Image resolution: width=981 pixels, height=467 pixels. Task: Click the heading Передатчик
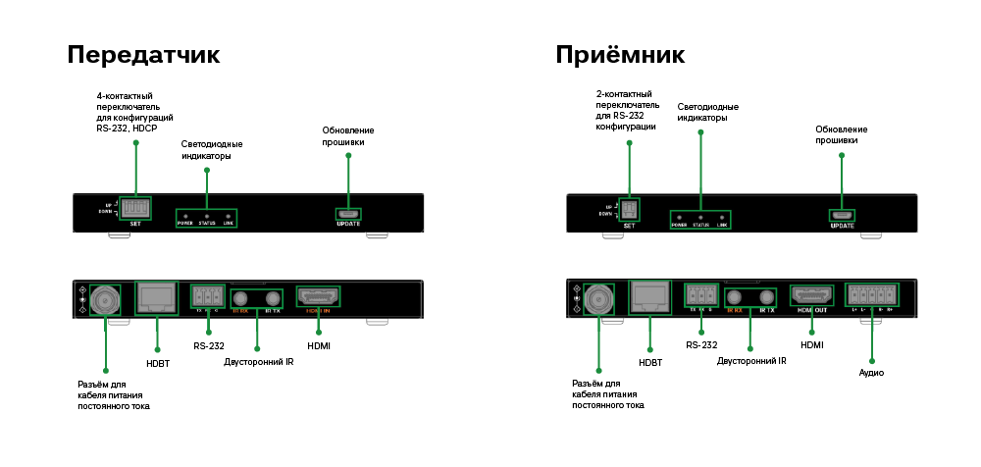coord(143,54)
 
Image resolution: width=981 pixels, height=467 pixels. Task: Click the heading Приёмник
coord(620,54)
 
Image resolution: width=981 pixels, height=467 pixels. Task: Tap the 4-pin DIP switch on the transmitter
coord(136,209)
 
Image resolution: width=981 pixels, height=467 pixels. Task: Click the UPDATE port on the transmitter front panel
coord(348,214)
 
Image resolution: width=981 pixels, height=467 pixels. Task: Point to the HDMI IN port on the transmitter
coord(318,296)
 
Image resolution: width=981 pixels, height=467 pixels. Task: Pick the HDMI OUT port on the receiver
coord(811,295)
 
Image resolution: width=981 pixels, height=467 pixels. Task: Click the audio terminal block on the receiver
coord(872,295)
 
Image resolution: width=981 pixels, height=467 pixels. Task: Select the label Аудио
coord(871,373)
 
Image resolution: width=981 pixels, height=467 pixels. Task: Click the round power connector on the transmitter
coord(105,298)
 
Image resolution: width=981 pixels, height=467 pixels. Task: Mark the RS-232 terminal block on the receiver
coord(699,295)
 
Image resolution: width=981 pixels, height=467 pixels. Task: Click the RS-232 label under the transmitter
coord(208,345)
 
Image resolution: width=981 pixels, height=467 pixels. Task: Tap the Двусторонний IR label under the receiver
coord(751,362)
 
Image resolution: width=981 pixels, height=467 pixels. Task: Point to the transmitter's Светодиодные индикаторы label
coord(212,150)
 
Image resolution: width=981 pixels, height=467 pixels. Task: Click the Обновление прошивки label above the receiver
coord(841,134)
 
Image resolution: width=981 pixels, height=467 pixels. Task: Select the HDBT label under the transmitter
coord(157,362)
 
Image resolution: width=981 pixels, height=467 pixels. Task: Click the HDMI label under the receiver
coord(811,345)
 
